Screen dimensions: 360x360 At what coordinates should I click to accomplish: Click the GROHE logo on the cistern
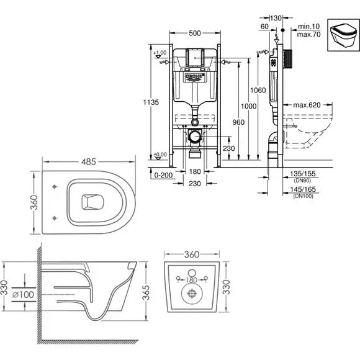click(x=195, y=77)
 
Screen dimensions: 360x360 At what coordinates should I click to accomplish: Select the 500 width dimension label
click(x=195, y=34)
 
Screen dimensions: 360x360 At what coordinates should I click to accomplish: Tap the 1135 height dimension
click(x=151, y=102)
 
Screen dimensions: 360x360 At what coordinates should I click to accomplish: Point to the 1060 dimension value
click(x=258, y=90)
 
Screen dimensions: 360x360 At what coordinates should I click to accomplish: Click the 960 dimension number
click(x=238, y=122)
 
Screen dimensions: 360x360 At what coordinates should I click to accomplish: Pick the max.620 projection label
click(x=307, y=105)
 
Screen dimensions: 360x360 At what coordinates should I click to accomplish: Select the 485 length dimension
click(x=89, y=162)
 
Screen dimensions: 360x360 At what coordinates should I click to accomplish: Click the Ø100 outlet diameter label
click(x=23, y=295)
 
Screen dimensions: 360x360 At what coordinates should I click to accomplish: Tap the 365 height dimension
click(x=146, y=292)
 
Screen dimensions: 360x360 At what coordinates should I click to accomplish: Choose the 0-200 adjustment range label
click(x=163, y=175)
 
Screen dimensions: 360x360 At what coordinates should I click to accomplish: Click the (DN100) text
click(x=303, y=196)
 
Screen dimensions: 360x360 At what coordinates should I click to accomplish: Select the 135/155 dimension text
click(x=303, y=174)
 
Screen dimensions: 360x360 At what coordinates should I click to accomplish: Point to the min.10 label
click(x=308, y=27)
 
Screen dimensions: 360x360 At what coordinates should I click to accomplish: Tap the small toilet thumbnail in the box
click(x=343, y=35)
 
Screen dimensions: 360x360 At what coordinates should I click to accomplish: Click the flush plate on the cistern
click(x=195, y=57)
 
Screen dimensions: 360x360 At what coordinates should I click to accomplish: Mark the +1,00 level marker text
click(x=161, y=53)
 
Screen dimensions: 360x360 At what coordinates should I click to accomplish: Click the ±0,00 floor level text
click(x=160, y=155)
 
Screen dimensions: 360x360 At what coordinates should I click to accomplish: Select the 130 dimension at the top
click(x=276, y=18)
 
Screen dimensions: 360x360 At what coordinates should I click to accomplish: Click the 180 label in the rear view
click(x=191, y=280)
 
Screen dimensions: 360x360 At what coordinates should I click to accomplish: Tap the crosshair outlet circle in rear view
click(x=192, y=294)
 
